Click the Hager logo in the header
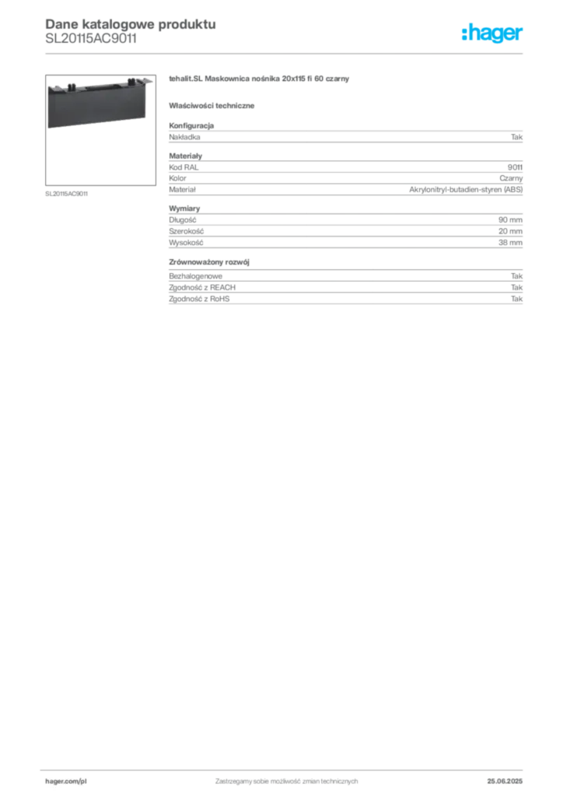492,33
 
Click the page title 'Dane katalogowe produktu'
131,24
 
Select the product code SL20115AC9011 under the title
91,39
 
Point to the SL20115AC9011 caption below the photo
67,194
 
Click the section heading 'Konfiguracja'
191,125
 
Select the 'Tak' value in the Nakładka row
517,137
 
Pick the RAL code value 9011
516,167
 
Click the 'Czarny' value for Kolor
511,178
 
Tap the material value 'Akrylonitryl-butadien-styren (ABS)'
466,190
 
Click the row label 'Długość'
183,220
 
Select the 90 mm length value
510,220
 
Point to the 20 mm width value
510,231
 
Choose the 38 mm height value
510,243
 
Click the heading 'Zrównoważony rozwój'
209,262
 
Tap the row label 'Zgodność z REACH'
202,288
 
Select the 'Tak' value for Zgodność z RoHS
517,299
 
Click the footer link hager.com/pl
62,781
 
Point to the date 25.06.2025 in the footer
505,781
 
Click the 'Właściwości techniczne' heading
212,106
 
